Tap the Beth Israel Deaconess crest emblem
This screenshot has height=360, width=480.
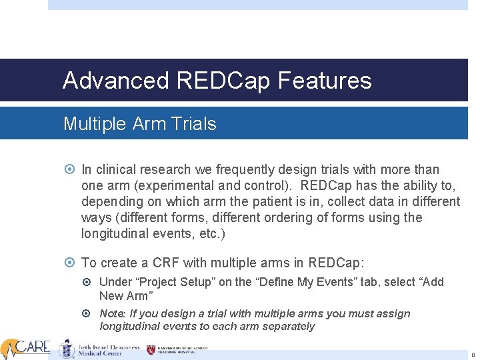(66, 349)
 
